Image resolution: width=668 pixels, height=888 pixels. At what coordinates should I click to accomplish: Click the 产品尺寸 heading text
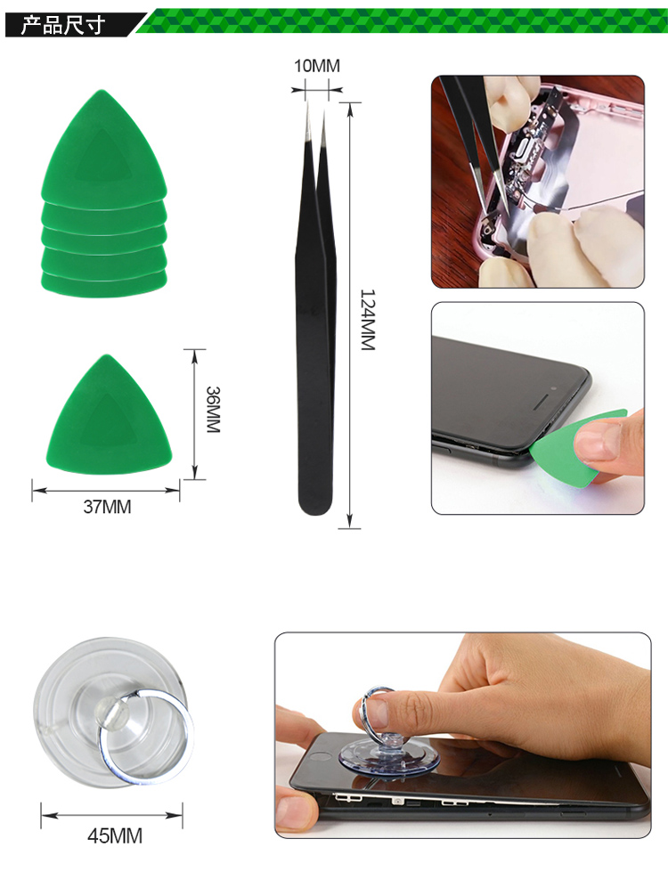coord(63,26)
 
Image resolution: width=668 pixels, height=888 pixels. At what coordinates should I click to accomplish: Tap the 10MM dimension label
coord(317,66)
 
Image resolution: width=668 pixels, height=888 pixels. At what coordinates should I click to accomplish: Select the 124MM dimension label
coord(368,320)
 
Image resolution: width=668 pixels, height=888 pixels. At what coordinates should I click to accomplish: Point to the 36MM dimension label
coord(213,410)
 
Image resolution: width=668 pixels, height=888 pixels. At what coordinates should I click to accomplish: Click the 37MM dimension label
coord(107,506)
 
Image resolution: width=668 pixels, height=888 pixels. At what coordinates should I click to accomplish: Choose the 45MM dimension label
coord(114,836)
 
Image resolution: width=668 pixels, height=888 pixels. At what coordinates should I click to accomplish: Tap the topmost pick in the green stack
coord(104,150)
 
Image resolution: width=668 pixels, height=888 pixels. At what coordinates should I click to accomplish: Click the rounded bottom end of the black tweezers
coord(314,503)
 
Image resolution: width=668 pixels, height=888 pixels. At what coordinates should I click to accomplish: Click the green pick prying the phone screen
coord(572,447)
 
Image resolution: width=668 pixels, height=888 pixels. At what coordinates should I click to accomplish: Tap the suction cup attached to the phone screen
coord(389,755)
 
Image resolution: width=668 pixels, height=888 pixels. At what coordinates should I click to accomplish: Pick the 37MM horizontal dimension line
coord(106,491)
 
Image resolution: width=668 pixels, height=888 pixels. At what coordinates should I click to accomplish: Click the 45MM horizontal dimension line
coord(111,816)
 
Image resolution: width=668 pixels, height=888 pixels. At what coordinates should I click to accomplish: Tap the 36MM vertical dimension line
coord(195,414)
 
